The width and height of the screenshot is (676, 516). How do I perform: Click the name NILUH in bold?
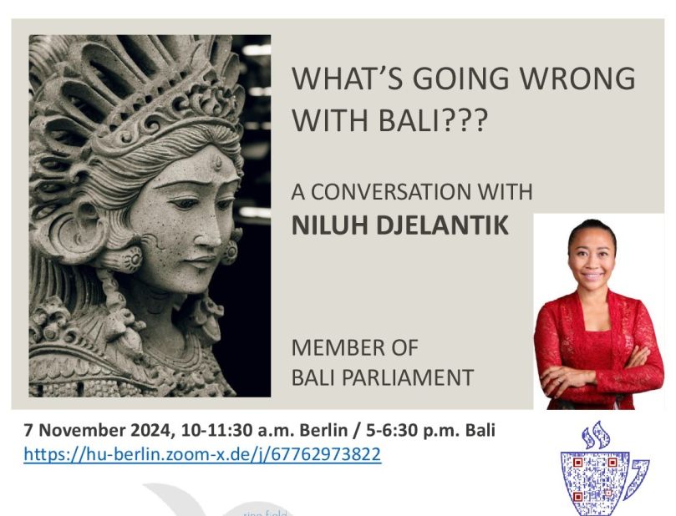coord(331,224)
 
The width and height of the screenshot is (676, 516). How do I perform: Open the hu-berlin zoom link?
coord(202,454)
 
